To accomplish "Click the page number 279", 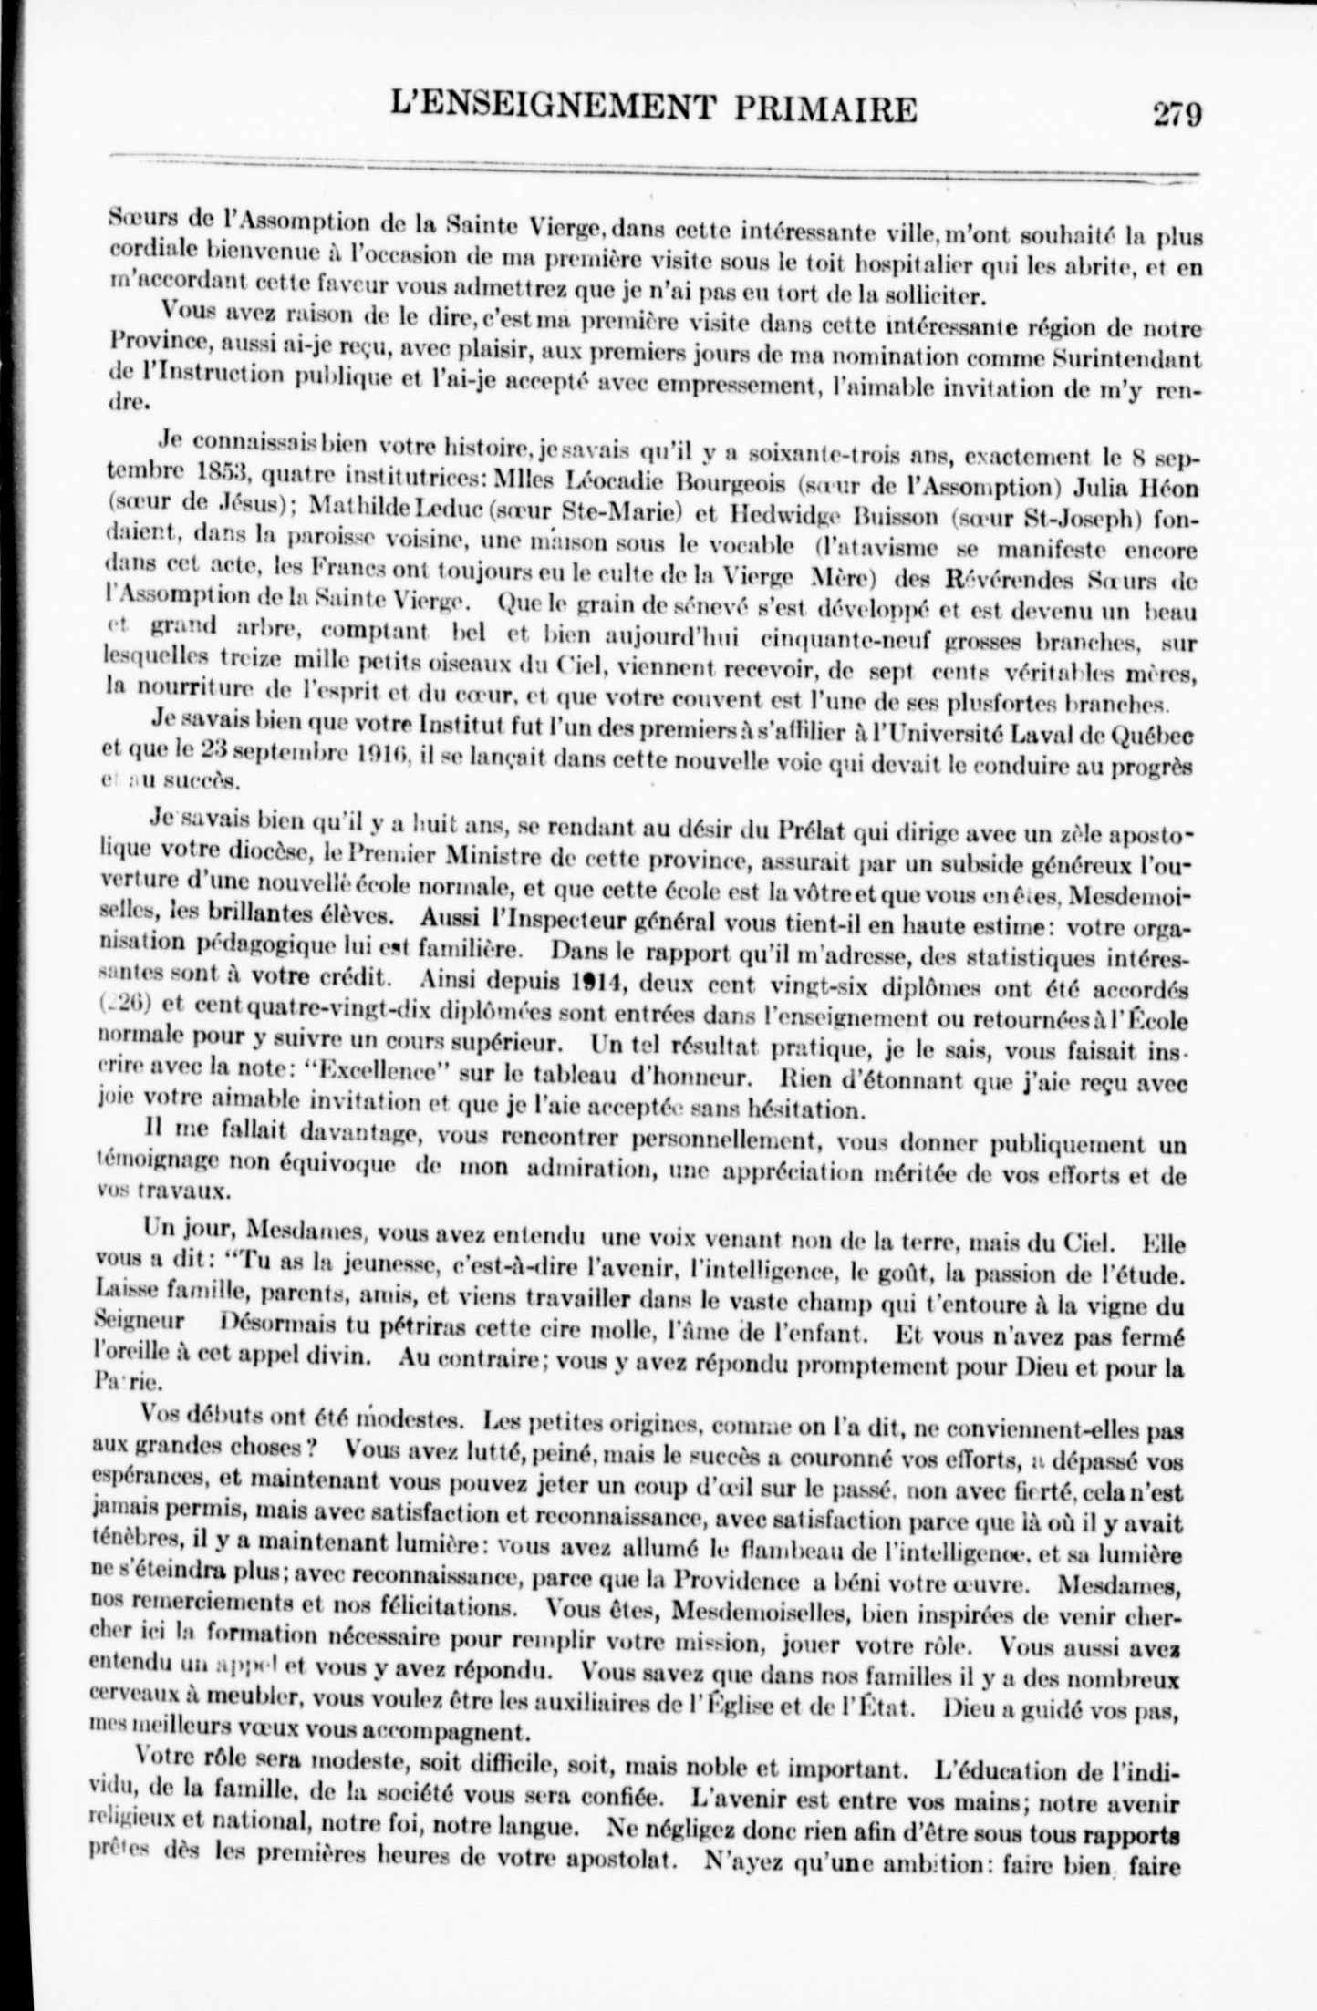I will pyautogui.click(x=1177, y=114).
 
